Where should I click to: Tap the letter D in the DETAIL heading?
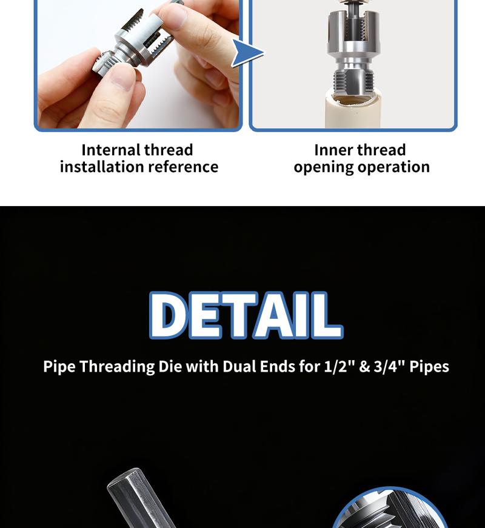169,315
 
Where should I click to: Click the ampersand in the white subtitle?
364,367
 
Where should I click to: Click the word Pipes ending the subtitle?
429,367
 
